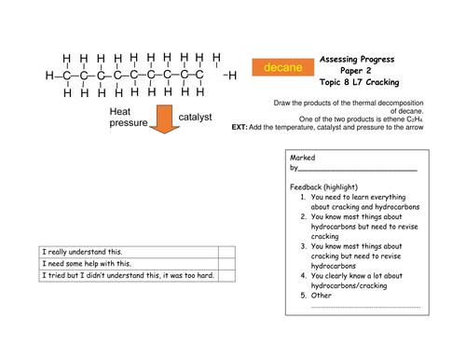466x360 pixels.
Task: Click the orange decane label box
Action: click(x=282, y=67)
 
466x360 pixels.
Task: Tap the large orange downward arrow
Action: click(x=164, y=119)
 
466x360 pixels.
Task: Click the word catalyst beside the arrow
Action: click(x=195, y=117)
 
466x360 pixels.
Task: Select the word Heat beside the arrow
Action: click(x=120, y=112)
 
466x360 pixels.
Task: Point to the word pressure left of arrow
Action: click(x=129, y=123)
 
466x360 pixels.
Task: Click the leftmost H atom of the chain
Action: click(x=49, y=76)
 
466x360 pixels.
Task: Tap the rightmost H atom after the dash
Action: click(x=232, y=76)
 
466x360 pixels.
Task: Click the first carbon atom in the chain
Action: click(x=66, y=76)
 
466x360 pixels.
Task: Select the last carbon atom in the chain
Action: click(x=199, y=75)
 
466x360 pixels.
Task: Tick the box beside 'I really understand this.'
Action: click(x=226, y=252)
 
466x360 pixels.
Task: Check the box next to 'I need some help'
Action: click(x=226, y=264)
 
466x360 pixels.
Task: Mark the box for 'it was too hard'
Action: click(x=226, y=276)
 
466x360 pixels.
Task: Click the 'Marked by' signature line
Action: click(x=357, y=171)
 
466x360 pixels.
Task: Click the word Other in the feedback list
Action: click(x=322, y=296)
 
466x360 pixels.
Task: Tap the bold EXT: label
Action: click(x=240, y=128)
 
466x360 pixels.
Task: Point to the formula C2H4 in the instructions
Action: click(x=415, y=119)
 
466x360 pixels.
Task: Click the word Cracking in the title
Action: click(x=382, y=82)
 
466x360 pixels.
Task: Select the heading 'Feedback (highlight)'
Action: click(x=323, y=187)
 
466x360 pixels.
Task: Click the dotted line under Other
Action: click(x=365, y=307)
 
